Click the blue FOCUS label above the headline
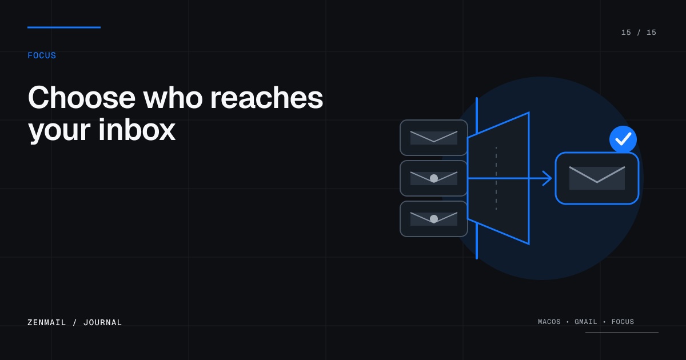(42, 55)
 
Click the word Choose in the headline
(81, 98)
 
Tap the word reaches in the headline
(266, 98)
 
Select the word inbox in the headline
(137, 130)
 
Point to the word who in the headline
(173, 98)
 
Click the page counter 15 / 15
(639, 33)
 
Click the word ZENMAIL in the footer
(46, 322)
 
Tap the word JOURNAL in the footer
(102, 322)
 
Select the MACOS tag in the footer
(549, 322)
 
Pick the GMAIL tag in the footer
(585, 322)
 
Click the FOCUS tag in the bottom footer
(623, 322)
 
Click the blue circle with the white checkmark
(623, 139)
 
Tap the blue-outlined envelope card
(597, 178)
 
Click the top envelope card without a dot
(434, 138)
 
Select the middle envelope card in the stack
(434, 178)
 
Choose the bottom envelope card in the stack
(434, 219)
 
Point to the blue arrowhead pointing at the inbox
(548, 178)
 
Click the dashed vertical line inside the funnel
(496, 178)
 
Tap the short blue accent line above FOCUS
(64, 27)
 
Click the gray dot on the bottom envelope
(434, 218)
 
